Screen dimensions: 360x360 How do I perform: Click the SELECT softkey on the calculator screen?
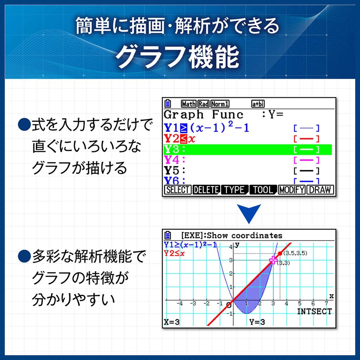178,190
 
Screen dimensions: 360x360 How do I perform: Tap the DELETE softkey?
206,190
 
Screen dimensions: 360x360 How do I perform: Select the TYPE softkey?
234,190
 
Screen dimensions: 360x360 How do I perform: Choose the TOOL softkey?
263,190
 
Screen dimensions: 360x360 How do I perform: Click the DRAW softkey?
320,190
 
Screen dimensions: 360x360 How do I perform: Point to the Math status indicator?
189,104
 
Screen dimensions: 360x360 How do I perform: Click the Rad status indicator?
204,104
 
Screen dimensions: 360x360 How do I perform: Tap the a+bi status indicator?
258,104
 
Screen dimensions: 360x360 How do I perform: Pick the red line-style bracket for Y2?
306,139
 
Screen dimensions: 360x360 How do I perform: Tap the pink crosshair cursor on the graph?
273,260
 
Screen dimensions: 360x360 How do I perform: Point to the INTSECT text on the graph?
314,311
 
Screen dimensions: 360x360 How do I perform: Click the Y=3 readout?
257,322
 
